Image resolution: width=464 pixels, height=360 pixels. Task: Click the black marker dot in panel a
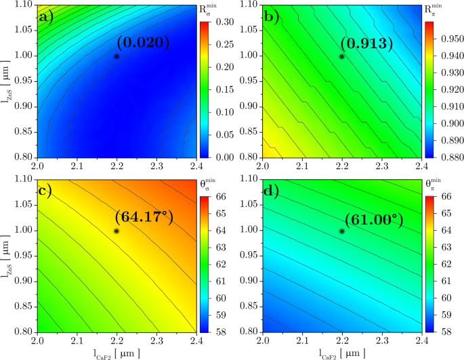click(x=117, y=56)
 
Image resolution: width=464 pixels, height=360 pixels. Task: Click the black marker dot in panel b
click(x=342, y=56)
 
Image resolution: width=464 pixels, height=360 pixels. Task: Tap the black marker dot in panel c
click(x=117, y=231)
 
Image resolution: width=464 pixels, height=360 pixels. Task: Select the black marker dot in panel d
click(x=342, y=231)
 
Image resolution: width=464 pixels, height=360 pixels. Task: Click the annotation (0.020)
click(x=143, y=43)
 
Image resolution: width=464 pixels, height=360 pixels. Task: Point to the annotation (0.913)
click(x=368, y=44)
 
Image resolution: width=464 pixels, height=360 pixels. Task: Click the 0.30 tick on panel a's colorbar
click(x=224, y=22)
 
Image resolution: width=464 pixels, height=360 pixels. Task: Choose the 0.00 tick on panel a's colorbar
click(x=224, y=157)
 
